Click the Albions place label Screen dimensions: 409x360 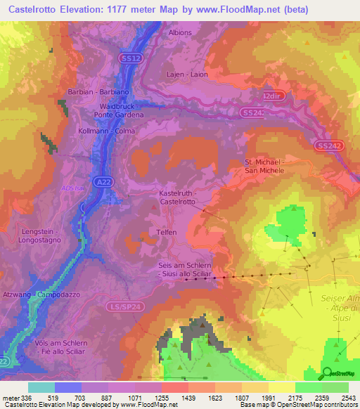180,32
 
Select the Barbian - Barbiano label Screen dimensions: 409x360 98,92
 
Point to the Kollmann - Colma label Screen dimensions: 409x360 107,131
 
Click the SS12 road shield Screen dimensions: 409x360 131,58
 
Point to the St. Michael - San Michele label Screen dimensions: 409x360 264,166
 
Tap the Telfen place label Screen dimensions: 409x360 167,231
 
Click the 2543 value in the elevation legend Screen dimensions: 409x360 347,398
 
